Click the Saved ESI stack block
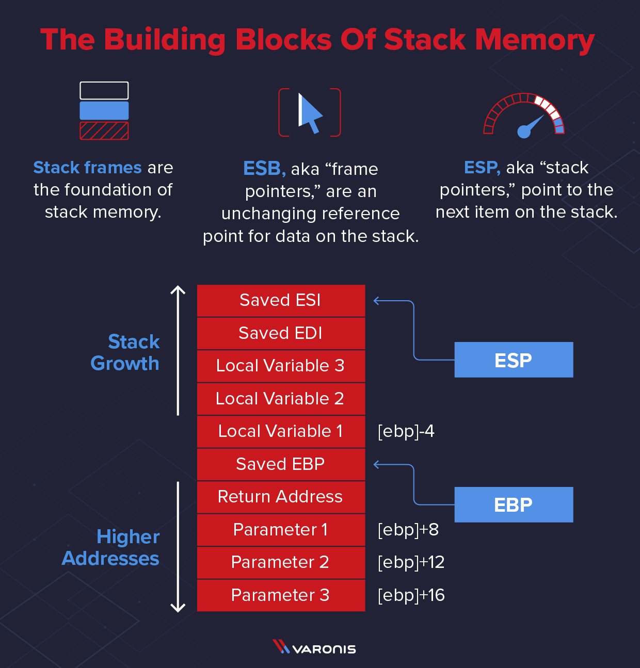coord(281,300)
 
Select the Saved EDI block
coord(281,333)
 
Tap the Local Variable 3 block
coord(281,366)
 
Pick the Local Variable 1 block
coord(281,431)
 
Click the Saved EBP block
coord(281,464)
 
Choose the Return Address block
coord(281,497)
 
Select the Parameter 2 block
coord(281,562)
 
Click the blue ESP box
coord(514,360)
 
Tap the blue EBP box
coord(514,504)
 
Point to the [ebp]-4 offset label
coord(406,431)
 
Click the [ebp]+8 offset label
coord(408,530)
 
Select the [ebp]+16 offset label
coord(411,595)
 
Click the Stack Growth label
coord(125,352)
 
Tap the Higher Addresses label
coord(111,548)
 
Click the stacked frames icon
coord(104,111)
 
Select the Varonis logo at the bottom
coord(314,648)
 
